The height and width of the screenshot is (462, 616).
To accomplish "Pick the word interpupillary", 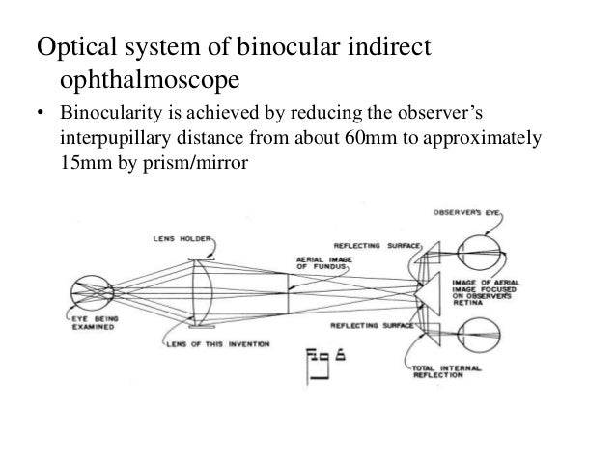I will point(117,141).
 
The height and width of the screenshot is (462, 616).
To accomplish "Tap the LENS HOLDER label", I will point(175,237).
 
